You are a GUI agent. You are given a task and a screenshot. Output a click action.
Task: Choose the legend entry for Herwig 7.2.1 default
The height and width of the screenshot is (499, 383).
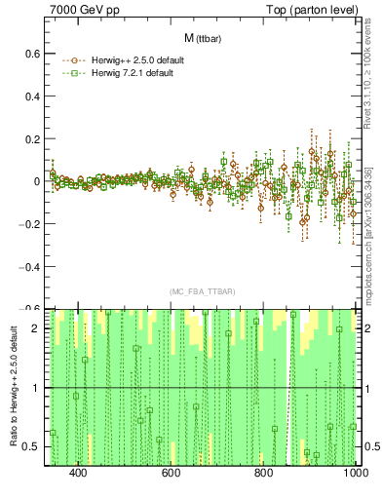pos(123,73)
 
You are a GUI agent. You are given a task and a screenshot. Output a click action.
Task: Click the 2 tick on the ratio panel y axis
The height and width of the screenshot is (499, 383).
pos(37,328)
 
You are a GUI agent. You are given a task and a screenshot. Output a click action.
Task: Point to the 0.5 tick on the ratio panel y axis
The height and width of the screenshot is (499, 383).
pos(32,446)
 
